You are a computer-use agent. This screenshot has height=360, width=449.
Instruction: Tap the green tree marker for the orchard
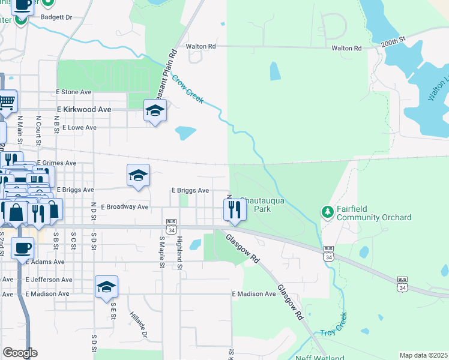327,212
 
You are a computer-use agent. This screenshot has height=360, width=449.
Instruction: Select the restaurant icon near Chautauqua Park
234,210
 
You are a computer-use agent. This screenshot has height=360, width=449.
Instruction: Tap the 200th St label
393,41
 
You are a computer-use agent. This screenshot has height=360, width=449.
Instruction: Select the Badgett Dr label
56,17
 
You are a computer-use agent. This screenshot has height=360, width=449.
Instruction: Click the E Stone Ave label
73,92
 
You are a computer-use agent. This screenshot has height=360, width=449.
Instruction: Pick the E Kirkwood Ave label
84,110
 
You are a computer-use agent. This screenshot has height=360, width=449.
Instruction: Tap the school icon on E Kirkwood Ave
155,110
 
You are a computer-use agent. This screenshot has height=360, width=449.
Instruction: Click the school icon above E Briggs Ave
138,176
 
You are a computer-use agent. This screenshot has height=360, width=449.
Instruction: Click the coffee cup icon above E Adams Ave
23,247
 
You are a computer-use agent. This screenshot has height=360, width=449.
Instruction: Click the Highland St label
179,244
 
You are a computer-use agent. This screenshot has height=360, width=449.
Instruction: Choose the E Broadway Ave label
124,207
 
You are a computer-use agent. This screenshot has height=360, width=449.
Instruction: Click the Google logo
20,353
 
